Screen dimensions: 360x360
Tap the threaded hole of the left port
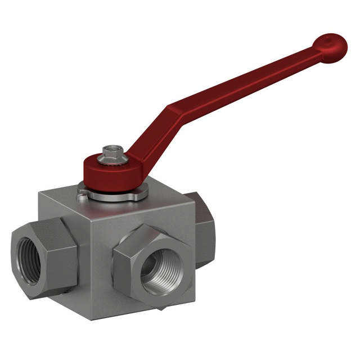coord(28,258)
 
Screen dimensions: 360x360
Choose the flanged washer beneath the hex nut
coord(112,161)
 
